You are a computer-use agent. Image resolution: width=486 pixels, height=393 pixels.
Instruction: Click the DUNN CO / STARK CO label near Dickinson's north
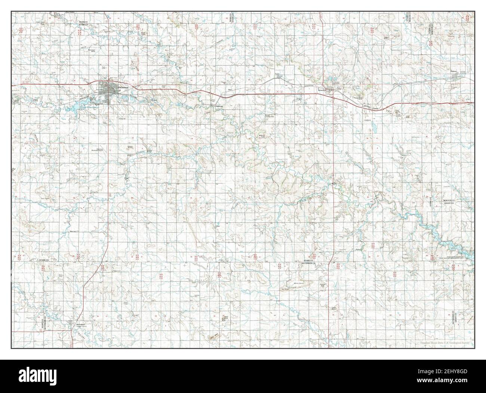pyautogui.click(x=83, y=25)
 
